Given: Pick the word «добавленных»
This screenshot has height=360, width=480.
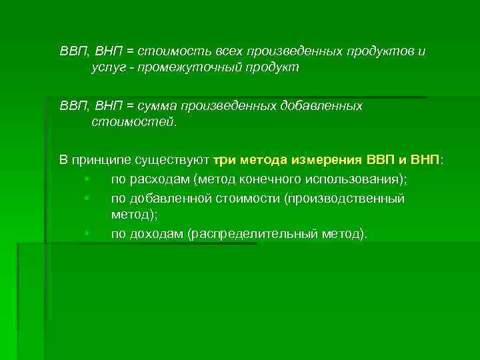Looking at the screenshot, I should (x=321, y=106).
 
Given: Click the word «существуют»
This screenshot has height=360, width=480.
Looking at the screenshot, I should (x=172, y=161).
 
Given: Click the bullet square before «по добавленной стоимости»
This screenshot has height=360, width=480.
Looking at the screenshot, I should (x=87, y=199).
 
